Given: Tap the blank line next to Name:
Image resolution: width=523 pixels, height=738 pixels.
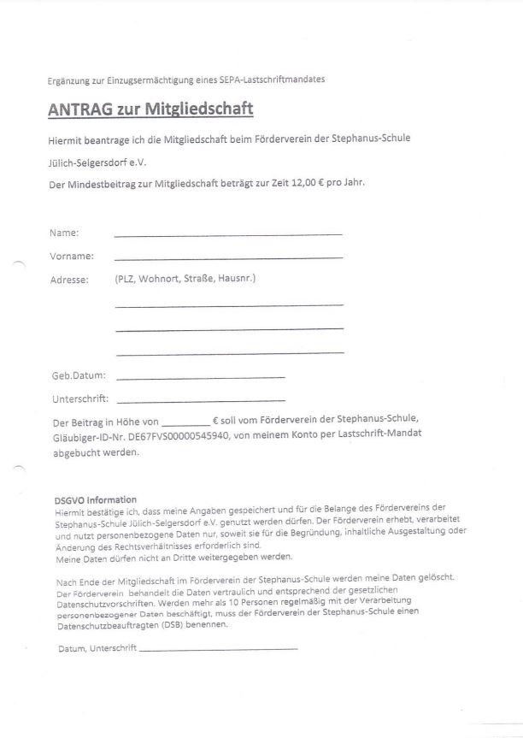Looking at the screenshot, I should tap(227, 233).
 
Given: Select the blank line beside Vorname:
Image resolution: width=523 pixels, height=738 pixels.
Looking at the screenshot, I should tap(227, 257).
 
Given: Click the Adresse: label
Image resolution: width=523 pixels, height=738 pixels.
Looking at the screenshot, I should tap(69, 280).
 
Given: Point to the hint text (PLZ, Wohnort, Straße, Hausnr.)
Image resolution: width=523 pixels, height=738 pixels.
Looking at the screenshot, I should tap(185, 279).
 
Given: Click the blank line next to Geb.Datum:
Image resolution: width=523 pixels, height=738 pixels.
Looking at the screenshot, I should tap(200, 376).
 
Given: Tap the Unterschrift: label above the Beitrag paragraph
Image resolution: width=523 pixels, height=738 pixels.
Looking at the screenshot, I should tap(79, 399).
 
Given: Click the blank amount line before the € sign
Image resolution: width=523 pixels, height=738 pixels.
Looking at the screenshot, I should tap(185, 424).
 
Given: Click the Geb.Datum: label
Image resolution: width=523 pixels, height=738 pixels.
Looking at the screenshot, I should tap(79, 375).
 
